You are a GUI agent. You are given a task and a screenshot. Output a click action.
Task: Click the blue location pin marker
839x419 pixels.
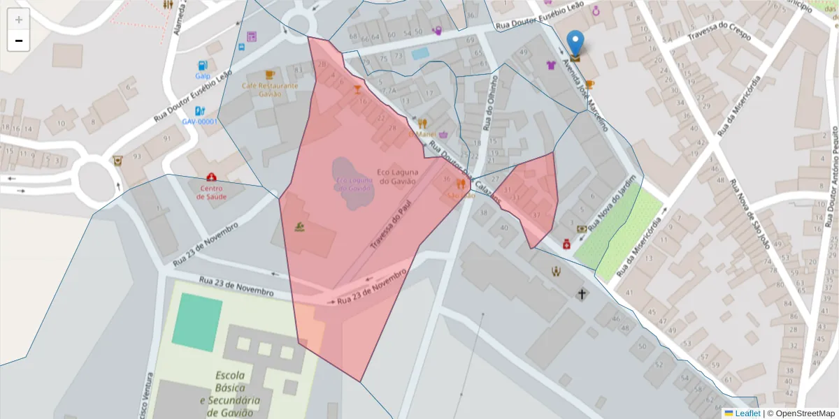click(x=575, y=43)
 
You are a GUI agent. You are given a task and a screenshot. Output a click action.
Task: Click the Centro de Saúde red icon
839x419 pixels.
click(x=212, y=177)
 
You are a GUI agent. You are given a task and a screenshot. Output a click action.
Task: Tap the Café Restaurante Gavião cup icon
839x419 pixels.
click(x=270, y=74)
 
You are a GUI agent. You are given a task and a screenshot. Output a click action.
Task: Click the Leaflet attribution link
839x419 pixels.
click(x=747, y=413)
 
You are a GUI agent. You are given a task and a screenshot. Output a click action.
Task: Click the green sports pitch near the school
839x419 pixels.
click(x=196, y=321)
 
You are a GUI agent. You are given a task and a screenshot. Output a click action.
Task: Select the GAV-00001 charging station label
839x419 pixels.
click(x=199, y=121)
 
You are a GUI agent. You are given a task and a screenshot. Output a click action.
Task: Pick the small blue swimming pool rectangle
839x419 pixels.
click(x=420, y=53)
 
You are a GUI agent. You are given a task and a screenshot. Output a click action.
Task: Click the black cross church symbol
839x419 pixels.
click(x=582, y=294)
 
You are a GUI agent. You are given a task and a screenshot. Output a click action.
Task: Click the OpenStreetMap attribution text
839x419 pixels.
click(x=801, y=413)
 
